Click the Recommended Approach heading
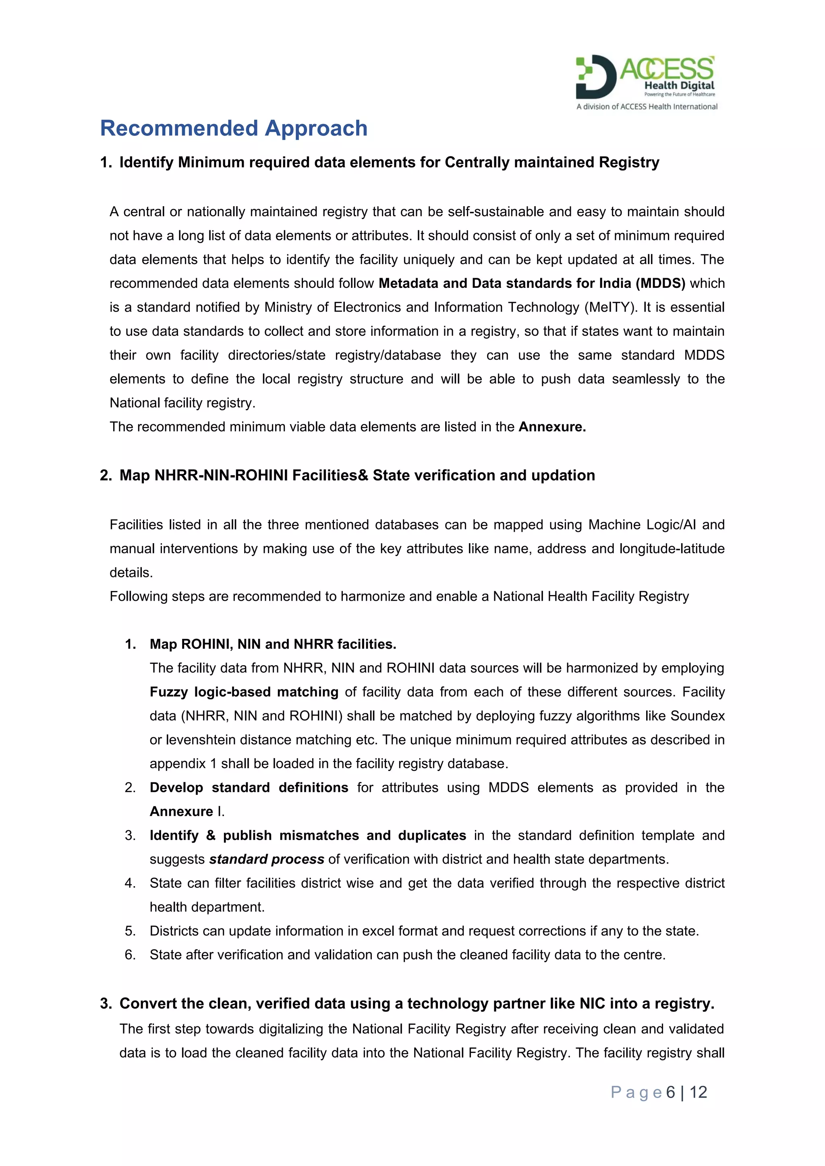pyautogui.click(x=234, y=128)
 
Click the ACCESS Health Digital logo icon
pyautogui.click(x=595, y=77)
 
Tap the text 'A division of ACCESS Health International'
pyautogui.click(x=647, y=107)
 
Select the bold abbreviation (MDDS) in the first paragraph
pyautogui.click(x=660, y=283)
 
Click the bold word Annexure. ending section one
pyautogui.click(x=552, y=427)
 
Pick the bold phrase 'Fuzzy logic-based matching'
pyautogui.click(x=244, y=692)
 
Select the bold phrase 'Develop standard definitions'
pyautogui.click(x=249, y=787)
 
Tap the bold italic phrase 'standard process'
pyautogui.click(x=267, y=859)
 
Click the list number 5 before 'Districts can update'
pyautogui.click(x=130, y=931)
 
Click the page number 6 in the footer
pyautogui.click(x=671, y=1092)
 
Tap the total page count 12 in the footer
pyautogui.click(x=698, y=1092)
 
